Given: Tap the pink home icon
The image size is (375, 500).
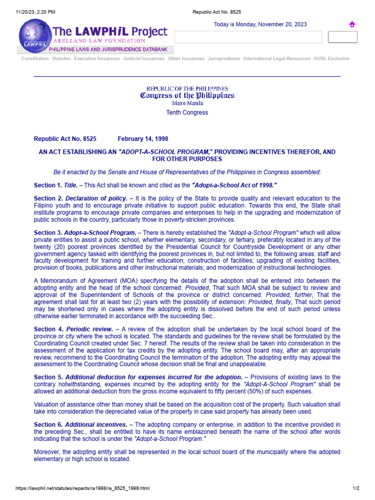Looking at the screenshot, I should pos(352,24).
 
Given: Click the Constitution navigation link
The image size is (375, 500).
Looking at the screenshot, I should pos(35,59).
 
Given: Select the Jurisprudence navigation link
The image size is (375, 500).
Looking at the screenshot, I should pos(224,59).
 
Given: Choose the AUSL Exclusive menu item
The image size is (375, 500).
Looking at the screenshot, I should pos(332,59).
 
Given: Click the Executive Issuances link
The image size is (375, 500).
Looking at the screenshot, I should pos(97,59).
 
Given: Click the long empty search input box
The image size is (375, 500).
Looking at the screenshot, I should pos(248,37).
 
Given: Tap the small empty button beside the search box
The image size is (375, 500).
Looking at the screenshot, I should pos(342,37).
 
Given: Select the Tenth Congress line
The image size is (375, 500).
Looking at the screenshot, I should pos(187,113).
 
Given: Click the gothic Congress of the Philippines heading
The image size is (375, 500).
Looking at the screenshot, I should pos(187,96).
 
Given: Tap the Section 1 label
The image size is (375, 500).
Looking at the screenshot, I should pos(48,186).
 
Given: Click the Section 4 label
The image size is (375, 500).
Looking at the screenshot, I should pos(48,330).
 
